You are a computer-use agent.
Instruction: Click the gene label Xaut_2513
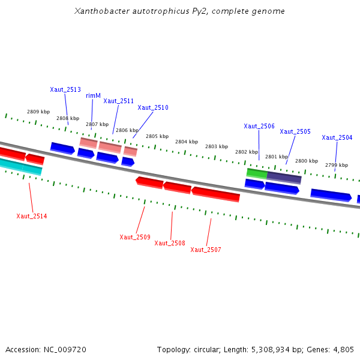[65, 89]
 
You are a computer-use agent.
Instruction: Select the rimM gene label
[93, 95]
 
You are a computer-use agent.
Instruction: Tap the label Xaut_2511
[118, 101]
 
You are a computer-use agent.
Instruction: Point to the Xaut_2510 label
[153, 107]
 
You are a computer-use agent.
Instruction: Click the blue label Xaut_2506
[259, 126]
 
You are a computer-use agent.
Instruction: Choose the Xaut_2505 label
[295, 131]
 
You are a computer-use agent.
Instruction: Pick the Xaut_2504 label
[337, 137]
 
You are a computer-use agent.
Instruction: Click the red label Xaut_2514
[32, 216]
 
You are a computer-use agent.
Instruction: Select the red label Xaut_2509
[135, 237]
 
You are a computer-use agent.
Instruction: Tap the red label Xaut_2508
[170, 243]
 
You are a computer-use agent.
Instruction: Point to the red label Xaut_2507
[206, 250]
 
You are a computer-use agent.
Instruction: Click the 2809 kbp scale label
[38, 112]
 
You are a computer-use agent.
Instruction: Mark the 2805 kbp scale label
[157, 136]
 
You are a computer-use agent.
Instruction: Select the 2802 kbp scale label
[247, 152]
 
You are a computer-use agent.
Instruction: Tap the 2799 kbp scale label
[337, 165]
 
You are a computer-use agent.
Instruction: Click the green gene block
[257, 173]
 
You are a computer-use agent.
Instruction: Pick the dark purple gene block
[284, 178]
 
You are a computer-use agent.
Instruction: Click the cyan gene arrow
[20, 166]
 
